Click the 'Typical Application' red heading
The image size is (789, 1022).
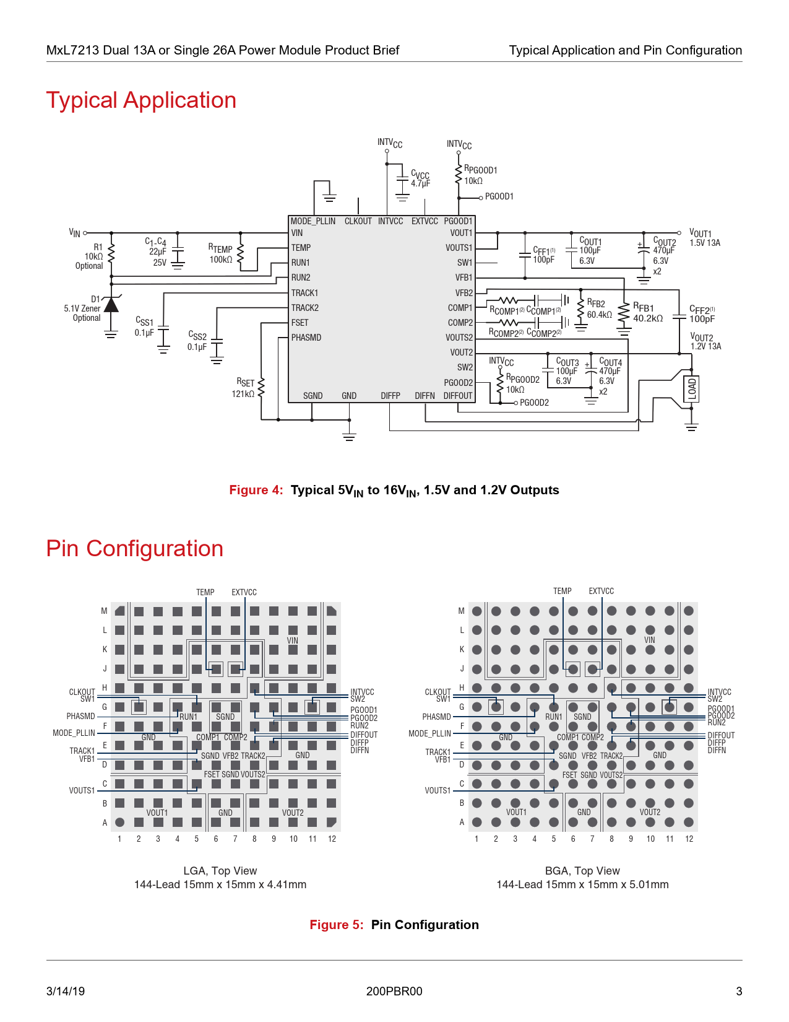pos(141,100)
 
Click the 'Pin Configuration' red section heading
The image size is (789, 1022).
pos(135,549)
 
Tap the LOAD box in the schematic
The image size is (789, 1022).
pos(692,389)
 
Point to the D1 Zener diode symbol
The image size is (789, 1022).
pos(111,305)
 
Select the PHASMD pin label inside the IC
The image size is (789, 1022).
pos(306,338)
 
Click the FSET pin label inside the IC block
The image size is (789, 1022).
pos(300,323)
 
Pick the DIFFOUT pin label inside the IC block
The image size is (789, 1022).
pos(458,396)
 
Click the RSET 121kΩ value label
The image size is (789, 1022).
pos(243,394)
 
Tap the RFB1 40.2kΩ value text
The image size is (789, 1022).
pos(648,318)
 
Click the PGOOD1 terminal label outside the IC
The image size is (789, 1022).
pos(499,196)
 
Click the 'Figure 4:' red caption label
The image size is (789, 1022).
pos(256,490)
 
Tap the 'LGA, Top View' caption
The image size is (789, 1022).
pos(220,871)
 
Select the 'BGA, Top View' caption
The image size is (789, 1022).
pos(582,871)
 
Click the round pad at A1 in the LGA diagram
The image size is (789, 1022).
pos(120,823)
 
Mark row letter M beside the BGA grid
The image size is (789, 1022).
pos(461,611)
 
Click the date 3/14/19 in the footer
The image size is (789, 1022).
pos(66,991)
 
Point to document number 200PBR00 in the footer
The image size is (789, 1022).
pos(394,991)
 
